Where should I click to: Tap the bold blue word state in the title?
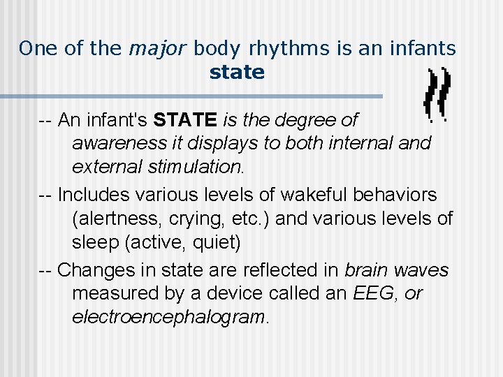click(x=237, y=72)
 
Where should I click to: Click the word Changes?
click(x=99, y=269)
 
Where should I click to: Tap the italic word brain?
click(x=367, y=269)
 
